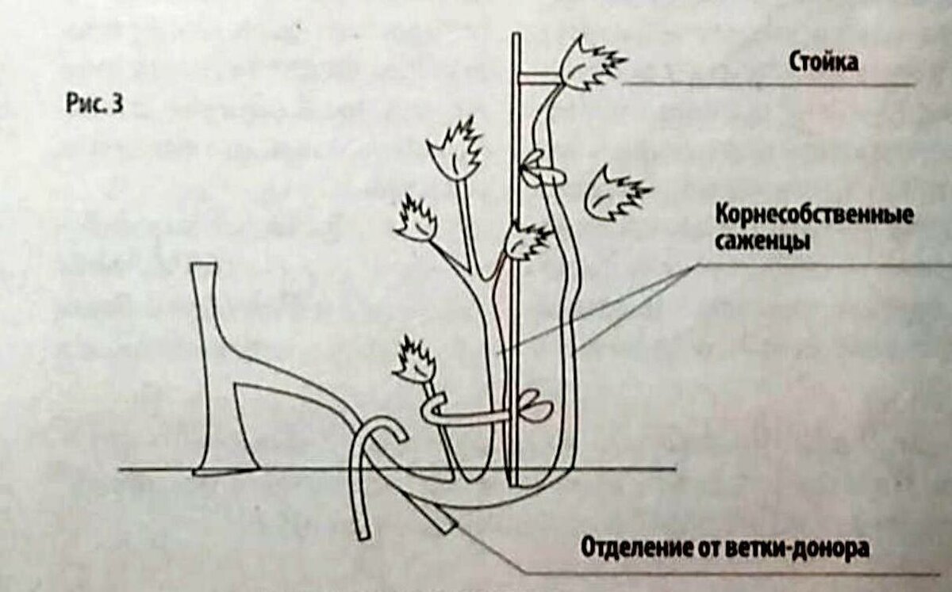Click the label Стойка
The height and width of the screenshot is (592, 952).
[x=823, y=63]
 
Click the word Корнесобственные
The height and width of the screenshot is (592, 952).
[x=814, y=216]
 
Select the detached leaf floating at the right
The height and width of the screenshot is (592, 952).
[x=616, y=193]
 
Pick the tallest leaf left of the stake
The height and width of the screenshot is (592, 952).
[x=455, y=149]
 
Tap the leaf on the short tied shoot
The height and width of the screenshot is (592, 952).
[x=415, y=360]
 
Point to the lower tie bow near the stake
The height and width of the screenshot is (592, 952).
[x=535, y=407]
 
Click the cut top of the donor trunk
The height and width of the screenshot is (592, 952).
[x=204, y=265]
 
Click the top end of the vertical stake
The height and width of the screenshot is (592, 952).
[x=516, y=33]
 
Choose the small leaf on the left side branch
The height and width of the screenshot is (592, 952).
[x=416, y=219]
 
